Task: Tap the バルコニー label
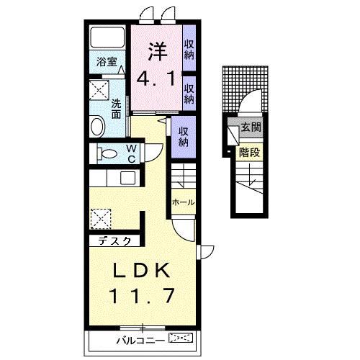point(140,338)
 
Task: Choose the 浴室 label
point(107,62)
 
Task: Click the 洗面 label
point(116,108)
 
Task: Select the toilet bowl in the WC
point(108,153)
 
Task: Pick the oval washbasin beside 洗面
point(98,127)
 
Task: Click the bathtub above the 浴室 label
point(108,40)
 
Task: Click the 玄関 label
point(251,127)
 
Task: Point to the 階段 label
point(249,153)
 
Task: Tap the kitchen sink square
point(127,179)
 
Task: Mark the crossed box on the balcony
point(181,337)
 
